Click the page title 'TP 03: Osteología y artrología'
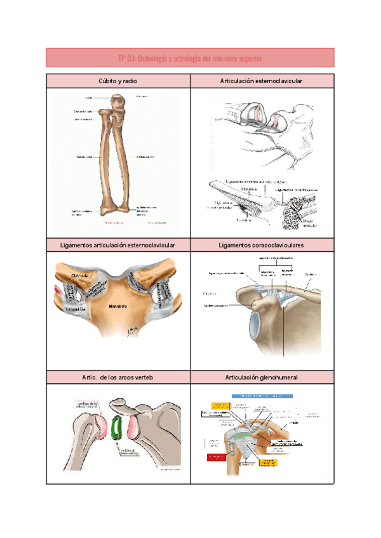(x=190, y=58)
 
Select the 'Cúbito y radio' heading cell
(x=118, y=81)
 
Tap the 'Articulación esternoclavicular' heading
(x=261, y=81)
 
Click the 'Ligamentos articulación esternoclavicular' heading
(x=118, y=245)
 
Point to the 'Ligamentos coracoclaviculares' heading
(x=261, y=245)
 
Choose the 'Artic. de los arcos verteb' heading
(x=118, y=377)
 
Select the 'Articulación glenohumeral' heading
(x=261, y=377)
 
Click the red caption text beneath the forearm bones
(x=114, y=223)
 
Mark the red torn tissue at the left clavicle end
(x=59, y=291)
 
